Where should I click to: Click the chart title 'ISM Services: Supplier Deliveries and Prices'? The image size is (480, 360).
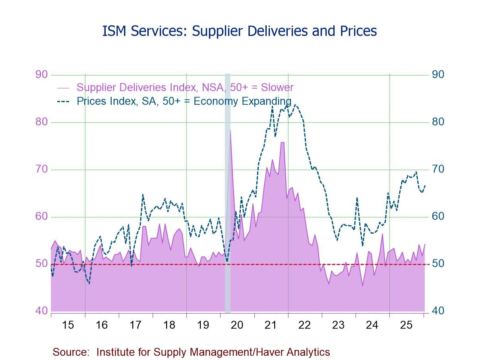tap(240, 31)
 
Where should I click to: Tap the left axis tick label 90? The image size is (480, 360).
tap(42, 75)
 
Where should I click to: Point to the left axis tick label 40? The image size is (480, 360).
tap(42, 311)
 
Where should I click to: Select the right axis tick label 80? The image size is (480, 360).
tap(438, 122)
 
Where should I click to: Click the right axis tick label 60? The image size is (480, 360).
tap(438, 217)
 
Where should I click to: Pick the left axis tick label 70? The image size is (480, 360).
tap(42, 169)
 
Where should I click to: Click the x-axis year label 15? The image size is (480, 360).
tap(68, 325)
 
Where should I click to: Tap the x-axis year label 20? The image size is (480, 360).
tap(237, 325)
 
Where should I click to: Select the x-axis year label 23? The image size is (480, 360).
tap(338, 325)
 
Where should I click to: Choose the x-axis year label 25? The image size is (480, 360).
tap(406, 325)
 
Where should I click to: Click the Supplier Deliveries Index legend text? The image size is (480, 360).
tap(185, 87)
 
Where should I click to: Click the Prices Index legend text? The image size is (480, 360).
tap(184, 101)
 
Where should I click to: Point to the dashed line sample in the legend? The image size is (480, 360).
tap(64, 101)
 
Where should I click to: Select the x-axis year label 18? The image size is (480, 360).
tap(169, 325)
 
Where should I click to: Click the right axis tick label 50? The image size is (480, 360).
tap(438, 264)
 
